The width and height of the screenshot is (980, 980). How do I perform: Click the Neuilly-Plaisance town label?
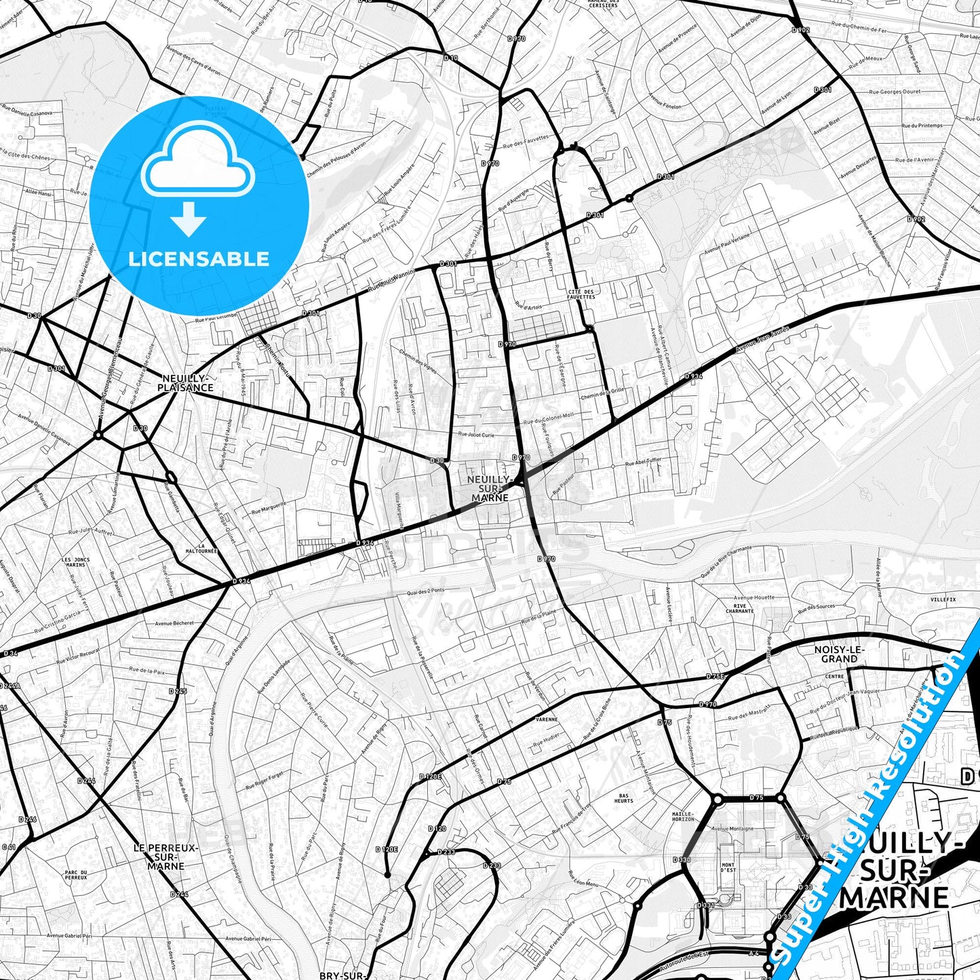click(185, 383)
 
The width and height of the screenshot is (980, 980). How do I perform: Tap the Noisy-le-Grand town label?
click(840, 654)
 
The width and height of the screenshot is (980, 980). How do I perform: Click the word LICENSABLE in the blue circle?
click(199, 258)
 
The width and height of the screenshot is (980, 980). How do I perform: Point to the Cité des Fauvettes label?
click(581, 294)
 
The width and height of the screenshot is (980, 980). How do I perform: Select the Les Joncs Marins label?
click(75, 562)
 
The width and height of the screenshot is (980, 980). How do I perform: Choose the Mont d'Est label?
click(727, 867)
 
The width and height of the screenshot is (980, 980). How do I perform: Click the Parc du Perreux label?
click(76, 874)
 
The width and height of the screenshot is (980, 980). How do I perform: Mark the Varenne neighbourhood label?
click(546, 719)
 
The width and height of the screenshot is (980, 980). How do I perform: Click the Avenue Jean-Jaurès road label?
click(762, 340)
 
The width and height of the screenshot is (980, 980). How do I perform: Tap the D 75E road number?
click(715, 676)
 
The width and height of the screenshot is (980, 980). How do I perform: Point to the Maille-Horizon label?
click(682, 817)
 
